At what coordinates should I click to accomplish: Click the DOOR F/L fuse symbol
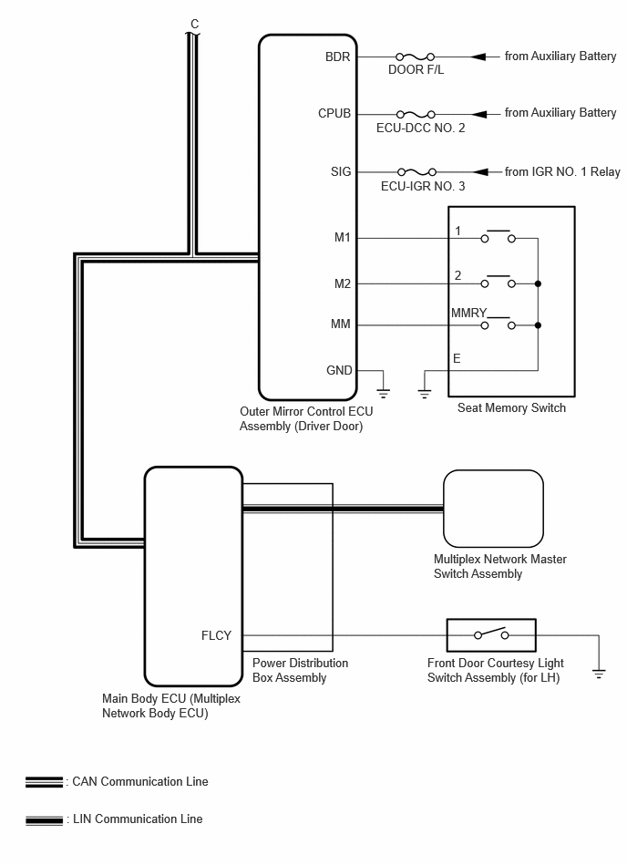pos(415,57)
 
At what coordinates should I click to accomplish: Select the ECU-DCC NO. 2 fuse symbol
pos(416,114)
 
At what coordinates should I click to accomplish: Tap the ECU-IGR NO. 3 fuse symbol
pos(416,172)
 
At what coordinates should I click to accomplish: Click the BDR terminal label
pos(337,57)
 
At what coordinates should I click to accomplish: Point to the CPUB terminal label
pos(334,114)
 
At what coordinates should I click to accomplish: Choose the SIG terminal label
pos(341,171)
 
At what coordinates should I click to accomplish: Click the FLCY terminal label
pos(216,635)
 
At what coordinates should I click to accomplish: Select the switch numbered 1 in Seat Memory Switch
pos(498,236)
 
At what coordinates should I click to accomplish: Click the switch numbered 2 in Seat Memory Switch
pos(498,282)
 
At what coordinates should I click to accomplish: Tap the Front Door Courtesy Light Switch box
pos(491,635)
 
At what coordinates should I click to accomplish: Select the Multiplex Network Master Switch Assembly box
pos(493,508)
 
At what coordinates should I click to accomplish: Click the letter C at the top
pos(194,24)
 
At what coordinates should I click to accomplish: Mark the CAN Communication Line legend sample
pos(44,782)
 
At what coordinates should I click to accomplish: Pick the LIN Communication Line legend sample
pos(44,820)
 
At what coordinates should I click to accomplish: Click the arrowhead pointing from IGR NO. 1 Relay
pos(480,172)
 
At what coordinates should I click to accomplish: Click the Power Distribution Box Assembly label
pos(300,670)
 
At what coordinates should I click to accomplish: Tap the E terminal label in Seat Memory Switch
pos(457,358)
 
